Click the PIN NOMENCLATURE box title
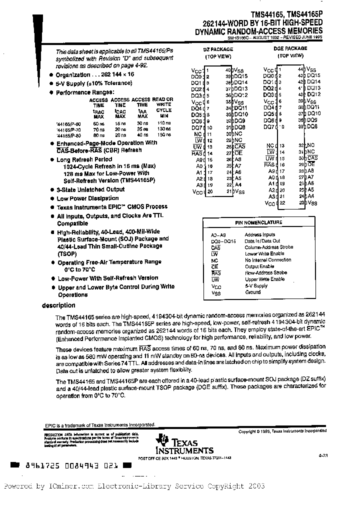258,222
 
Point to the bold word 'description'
58,305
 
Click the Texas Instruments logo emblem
162,440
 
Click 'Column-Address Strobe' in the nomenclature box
269,247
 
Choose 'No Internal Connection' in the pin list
268,260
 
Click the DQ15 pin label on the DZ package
240,76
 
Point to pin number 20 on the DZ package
210,191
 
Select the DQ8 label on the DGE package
312,127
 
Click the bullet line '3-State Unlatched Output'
90,190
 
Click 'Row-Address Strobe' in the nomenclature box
266,273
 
